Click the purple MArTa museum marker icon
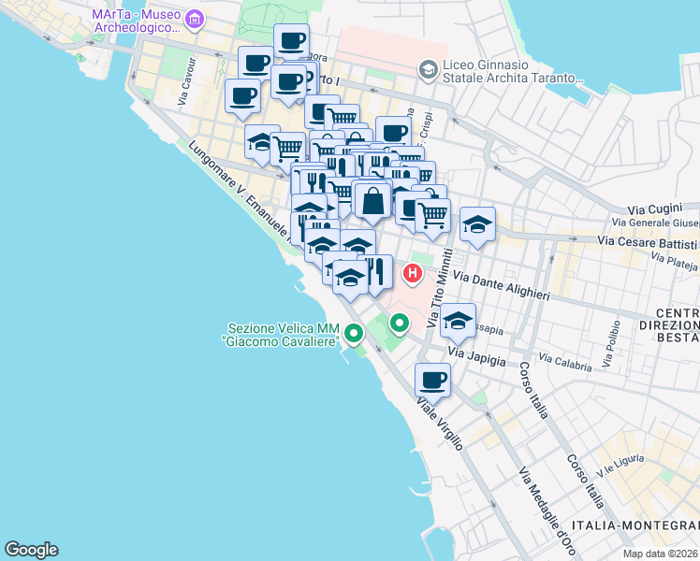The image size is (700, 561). click(x=195, y=19)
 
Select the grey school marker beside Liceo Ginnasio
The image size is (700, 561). click(x=428, y=69)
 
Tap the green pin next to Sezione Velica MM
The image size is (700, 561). click(x=353, y=332)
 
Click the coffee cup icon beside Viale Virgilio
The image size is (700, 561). click(x=432, y=381)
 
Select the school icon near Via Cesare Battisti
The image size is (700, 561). click(x=477, y=224)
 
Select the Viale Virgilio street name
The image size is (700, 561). click(x=440, y=424)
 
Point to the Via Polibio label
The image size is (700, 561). click(x=614, y=343)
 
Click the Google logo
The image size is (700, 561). click(x=32, y=549)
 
